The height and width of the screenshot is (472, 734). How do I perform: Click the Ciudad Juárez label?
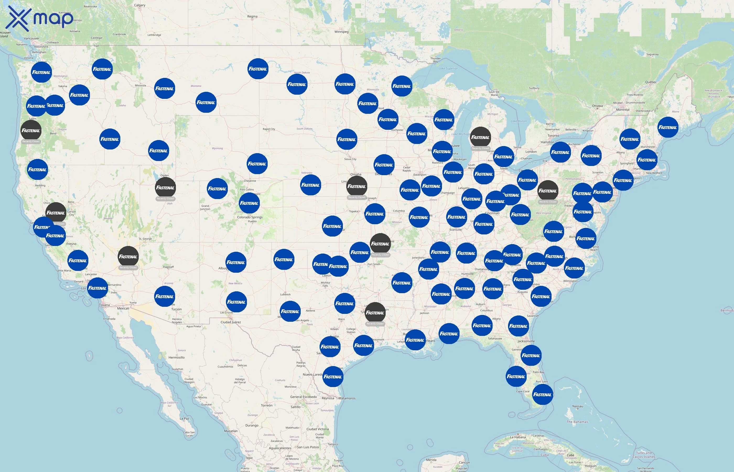click(x=231, y=322)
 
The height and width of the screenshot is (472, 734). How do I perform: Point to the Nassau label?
click(x=578, y=406)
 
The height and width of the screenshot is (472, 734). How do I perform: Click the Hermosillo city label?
click(x=176, y=357)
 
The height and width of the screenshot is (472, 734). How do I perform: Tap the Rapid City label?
click(x=269, y=129)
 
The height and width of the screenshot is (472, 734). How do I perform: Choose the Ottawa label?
click(x=597, y=106)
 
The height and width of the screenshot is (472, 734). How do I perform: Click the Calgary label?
click(x=140, y=5)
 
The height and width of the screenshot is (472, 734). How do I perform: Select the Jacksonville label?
click(x=526, y=341)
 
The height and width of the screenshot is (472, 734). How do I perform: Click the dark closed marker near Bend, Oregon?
click(x=31, y=131)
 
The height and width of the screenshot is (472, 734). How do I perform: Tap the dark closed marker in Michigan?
click(x=480, y=137)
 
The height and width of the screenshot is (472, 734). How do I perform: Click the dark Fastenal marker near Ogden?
click(x=165, y=187)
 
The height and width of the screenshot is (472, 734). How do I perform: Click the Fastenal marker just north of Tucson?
click(x=165, y=296)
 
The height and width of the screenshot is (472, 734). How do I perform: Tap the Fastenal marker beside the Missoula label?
click(x=165, y=89)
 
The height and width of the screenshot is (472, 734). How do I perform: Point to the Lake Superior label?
click(x=448, y=69)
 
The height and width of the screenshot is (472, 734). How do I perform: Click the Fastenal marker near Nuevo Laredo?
click(x=333, y=377)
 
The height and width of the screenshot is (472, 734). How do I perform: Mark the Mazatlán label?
click(x=230, y=431)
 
